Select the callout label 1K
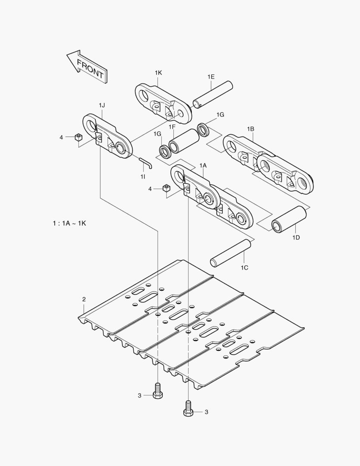coord(158,73)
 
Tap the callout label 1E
coord(211,76)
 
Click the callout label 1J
coord(102,106)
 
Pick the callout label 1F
coord(172,127)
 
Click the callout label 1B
coord(250,129)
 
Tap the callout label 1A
coord(203,165)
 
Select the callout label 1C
coord(244,268)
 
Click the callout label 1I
coord(143,177)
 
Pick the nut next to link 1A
coord(166,189)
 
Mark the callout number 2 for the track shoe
coord(84,299)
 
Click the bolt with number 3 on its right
coord(188,408)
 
